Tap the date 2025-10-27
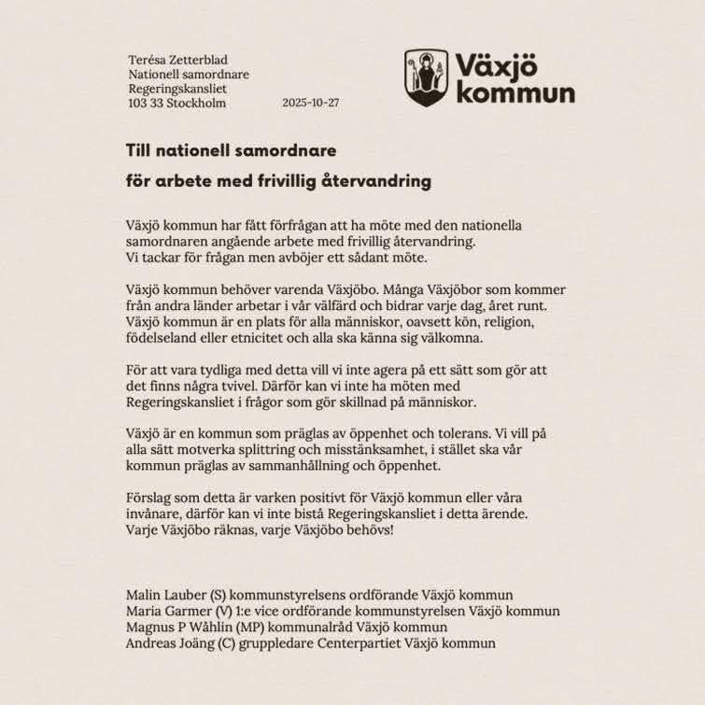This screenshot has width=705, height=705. point(310,103)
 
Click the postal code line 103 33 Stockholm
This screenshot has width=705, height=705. point(176,103)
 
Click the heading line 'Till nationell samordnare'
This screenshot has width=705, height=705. point(231,149)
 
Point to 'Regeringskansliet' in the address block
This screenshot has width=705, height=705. point(177,89)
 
